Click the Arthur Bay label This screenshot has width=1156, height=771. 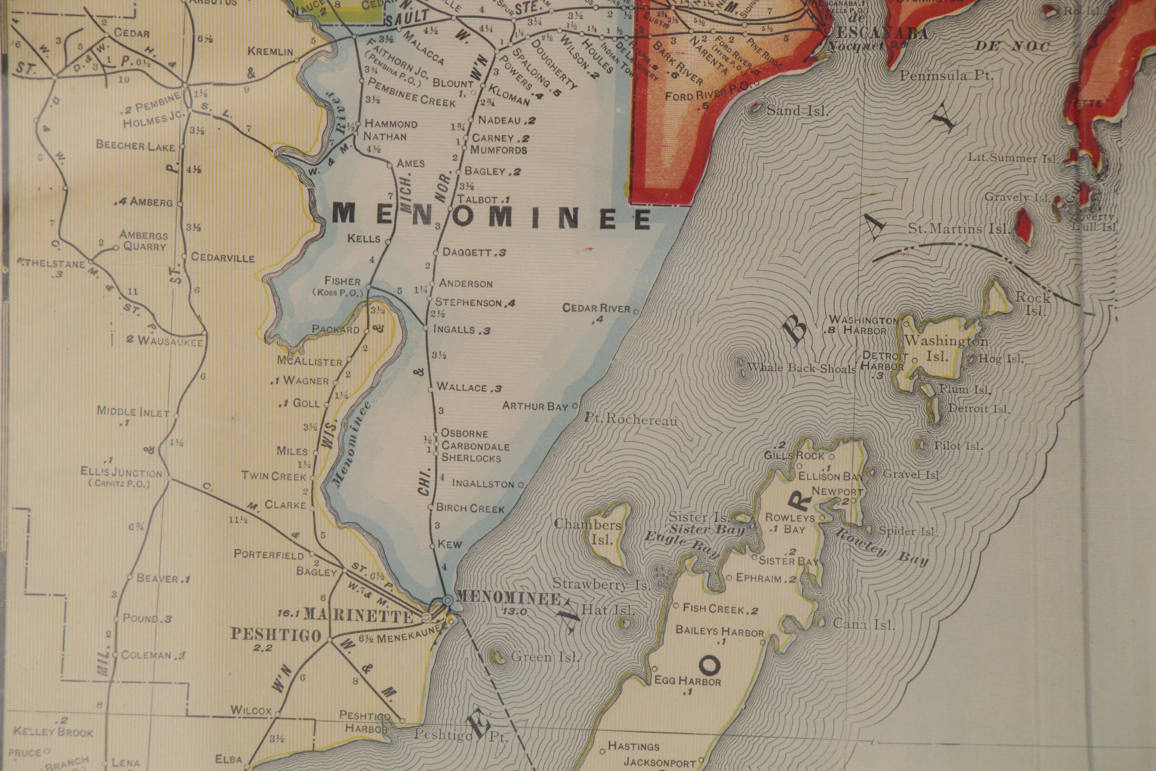coord(535,406)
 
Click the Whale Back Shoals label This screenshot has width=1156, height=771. coord(801,368)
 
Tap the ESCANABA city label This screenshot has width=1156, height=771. coord(882,33)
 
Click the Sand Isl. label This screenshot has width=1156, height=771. coord(797,111)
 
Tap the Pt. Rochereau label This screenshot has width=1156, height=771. coord(631,419)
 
